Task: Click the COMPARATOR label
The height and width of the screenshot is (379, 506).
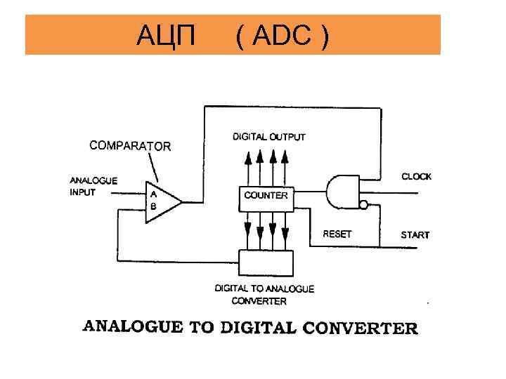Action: click(x=130, y=146)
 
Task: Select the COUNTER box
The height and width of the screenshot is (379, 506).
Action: click(x=266, y=195)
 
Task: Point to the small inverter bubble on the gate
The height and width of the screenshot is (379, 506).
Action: click(x=363, y=205)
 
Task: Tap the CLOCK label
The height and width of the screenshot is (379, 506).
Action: click(x=416, y=177)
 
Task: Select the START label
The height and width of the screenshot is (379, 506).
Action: click(x=415, y=234)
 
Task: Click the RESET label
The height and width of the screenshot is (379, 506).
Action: click(x=337, y=234)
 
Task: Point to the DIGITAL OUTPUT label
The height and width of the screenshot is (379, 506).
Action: click(x=269, y=137)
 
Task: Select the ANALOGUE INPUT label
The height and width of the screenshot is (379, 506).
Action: click(x=93, y=186)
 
